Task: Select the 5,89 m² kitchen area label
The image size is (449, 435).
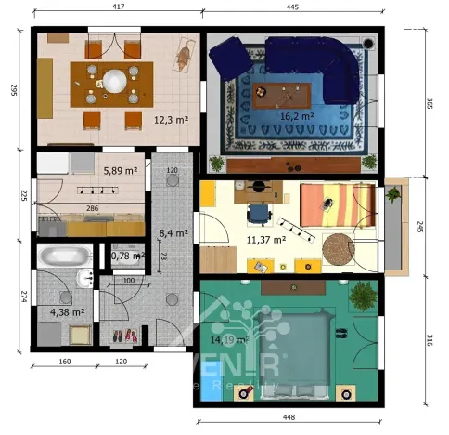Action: click(121, 171)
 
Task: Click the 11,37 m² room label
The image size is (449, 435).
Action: click(264, 239)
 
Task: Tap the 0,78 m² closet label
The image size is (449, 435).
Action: click(126, 256)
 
